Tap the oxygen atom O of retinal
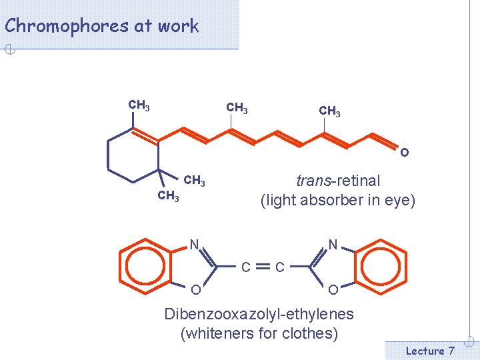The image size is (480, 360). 405,153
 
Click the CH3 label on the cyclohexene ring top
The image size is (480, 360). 139,105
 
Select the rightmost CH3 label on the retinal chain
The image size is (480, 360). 329,111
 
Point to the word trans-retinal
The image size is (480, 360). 338,181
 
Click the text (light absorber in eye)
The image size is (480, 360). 337,200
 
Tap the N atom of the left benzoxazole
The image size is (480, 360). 194,244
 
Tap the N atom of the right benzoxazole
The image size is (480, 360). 333,244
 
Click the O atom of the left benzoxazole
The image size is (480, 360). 195,290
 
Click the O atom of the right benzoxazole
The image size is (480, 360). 333,290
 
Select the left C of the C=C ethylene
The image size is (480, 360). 246,267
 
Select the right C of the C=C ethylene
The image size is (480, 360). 280,267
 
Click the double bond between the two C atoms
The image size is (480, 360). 263,267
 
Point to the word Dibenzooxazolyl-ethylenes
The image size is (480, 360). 259,314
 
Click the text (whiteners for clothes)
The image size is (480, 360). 259,333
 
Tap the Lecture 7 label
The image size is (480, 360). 430,351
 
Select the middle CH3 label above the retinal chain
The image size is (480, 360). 237,107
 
